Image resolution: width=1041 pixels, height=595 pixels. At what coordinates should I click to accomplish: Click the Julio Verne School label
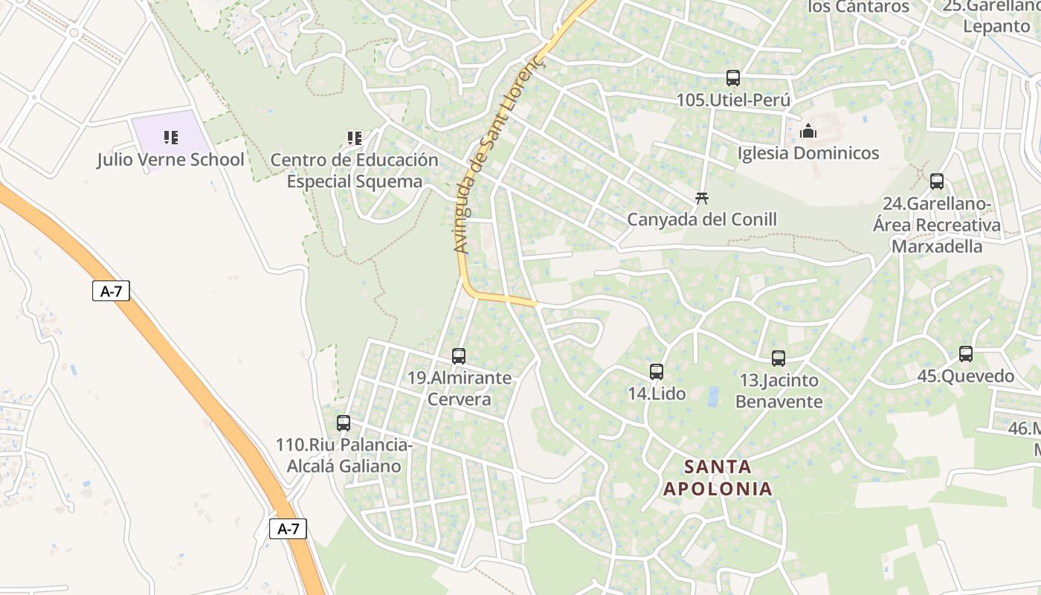pos(170,160)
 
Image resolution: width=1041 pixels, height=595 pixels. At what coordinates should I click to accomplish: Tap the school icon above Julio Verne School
pos(171,137)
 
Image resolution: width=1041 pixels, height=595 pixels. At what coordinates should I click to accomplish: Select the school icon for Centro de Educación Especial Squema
pos(355,138)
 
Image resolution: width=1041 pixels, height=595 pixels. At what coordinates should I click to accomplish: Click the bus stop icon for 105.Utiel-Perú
pos(733,77)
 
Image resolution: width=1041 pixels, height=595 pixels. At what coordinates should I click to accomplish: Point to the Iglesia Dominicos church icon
pos(808,132)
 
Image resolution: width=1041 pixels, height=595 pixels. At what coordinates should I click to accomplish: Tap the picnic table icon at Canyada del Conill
pos(701,198)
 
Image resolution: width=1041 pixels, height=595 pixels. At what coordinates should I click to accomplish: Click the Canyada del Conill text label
pos(702,219)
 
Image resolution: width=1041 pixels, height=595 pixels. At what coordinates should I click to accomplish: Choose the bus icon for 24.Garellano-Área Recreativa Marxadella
pos(937,181)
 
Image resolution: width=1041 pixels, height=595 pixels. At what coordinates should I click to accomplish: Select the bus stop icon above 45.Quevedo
pos(966,354)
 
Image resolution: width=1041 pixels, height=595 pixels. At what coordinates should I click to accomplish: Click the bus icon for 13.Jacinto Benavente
pos(779,358)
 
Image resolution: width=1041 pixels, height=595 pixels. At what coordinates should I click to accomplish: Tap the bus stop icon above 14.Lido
pos(657,372)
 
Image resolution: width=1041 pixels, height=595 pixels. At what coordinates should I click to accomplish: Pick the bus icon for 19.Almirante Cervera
pos(459,356)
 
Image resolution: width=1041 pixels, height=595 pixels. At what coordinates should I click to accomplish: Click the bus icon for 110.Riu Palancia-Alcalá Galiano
pos(344,423)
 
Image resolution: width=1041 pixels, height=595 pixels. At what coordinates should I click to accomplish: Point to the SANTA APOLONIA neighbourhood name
pos(718,477)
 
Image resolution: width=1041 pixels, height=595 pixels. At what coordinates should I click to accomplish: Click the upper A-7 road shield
pos(112,291)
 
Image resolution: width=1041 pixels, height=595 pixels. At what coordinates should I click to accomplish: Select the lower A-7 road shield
pos(288,529)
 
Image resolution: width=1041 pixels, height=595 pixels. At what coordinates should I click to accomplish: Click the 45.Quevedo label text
pos(965,376)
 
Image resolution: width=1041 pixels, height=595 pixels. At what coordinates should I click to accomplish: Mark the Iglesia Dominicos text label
pos(808,153)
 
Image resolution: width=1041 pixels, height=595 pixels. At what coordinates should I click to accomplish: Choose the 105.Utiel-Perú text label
pos(733,100)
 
